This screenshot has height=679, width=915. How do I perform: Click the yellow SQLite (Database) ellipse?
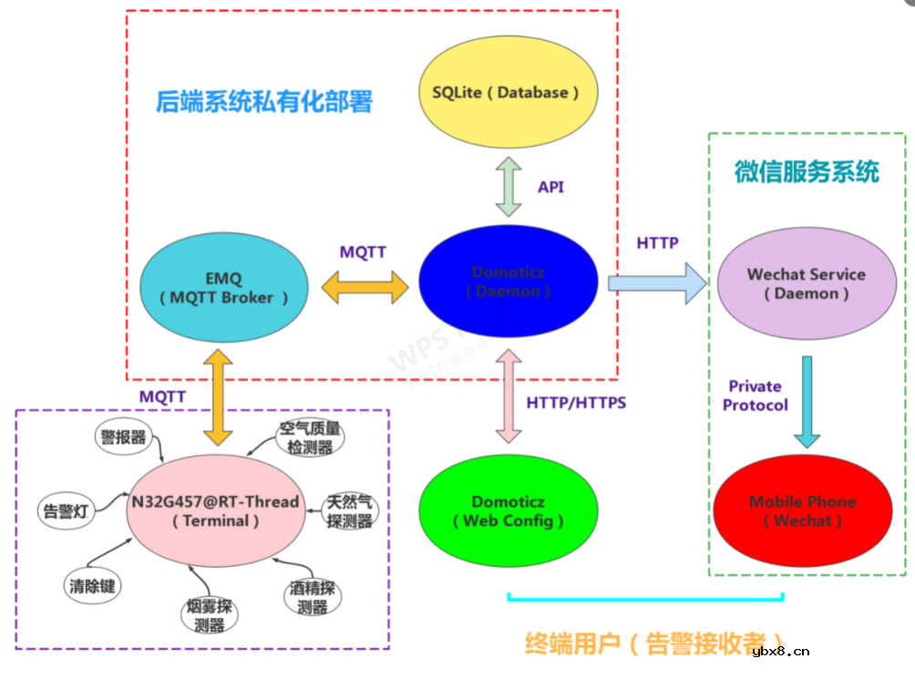click(507, 93)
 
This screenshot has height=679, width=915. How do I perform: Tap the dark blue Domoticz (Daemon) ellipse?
click(509, 283)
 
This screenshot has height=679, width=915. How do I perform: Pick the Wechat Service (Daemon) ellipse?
click(807, 283)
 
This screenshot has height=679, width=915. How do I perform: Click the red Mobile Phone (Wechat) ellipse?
click(802, 510)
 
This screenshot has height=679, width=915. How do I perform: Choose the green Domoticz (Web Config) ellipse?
click(509, 511)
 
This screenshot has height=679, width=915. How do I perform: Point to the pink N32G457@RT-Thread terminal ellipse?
click(215, 511)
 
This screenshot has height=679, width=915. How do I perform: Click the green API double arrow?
click(509, 186)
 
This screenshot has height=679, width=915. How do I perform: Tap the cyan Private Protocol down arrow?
click(806, 401)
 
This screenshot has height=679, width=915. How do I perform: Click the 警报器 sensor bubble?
click(123, 437)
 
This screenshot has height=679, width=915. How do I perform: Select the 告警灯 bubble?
click(65, 511)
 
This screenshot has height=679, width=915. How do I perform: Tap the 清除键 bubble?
click(91, 585)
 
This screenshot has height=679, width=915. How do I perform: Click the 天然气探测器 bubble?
click(351, 511)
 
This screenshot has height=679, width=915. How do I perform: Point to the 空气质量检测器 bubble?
click(310, 437)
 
